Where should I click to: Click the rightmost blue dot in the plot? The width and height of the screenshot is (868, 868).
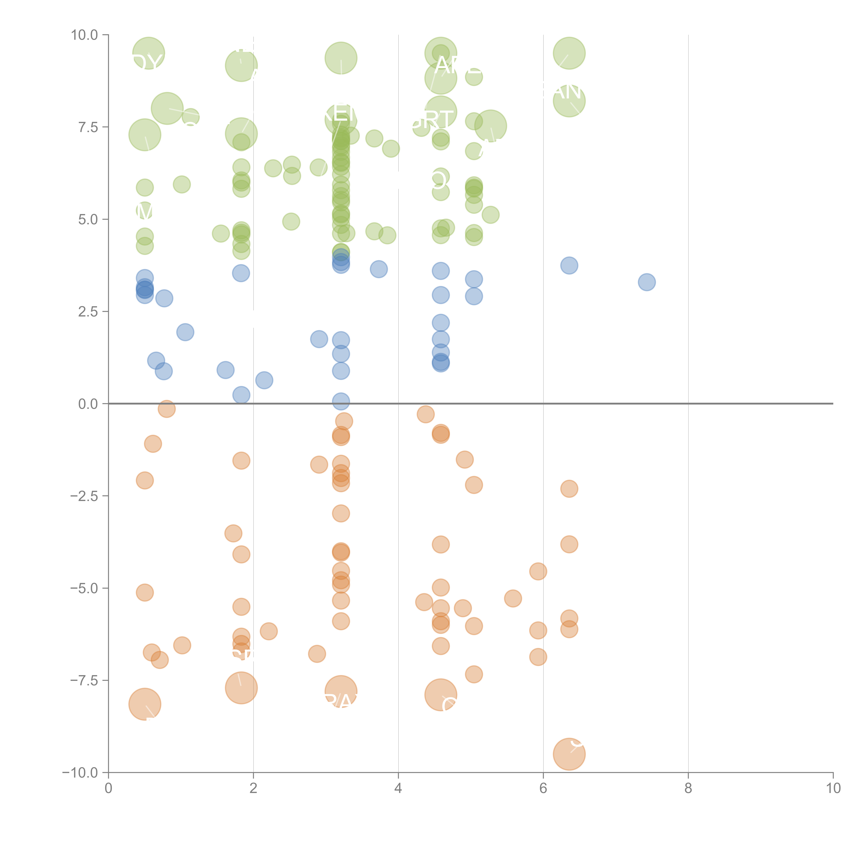coord(646,282)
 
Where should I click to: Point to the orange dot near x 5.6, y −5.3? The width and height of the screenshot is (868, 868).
coord(513,598)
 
